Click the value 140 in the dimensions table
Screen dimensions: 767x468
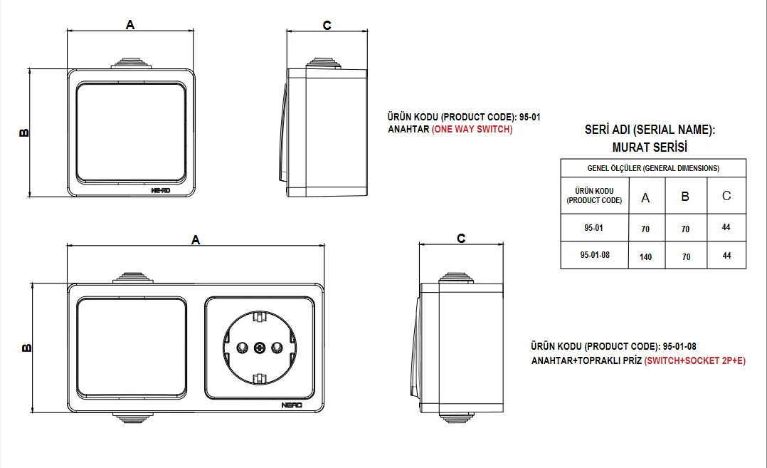[x=646, y=257]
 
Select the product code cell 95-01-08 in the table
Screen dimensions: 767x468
[x=595, y=255]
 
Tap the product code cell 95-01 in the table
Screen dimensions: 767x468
[x=594, y=228]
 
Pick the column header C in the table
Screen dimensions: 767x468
[x=726, y=196]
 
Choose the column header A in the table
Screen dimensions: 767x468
[x=646, y=198]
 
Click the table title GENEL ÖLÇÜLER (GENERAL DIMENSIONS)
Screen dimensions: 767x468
[x=653, y=168]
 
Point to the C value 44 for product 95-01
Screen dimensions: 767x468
[x=726, y=227]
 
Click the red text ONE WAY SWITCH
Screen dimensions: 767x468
[x=472, y=129]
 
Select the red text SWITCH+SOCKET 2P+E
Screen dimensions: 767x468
[x=694, y=360]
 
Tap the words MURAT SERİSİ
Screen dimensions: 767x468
[x=650, y=147]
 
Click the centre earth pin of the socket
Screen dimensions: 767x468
[x=259, y=348]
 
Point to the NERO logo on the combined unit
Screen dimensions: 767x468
[x=292, y=405]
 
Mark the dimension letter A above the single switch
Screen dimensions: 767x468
[x=130, y=24]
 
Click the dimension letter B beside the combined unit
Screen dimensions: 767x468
[x=26, y=348]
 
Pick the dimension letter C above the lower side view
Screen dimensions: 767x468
[x=461, y=239]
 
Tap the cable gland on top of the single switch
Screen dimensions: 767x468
[x=131, y=63]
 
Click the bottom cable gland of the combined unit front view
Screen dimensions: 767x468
[x=132, y=417]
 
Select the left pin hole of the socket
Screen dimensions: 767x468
[x=242, y=348]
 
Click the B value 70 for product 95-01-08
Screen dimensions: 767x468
[x=687, y=257]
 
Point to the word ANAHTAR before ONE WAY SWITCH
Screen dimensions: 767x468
[x=408, y=129]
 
